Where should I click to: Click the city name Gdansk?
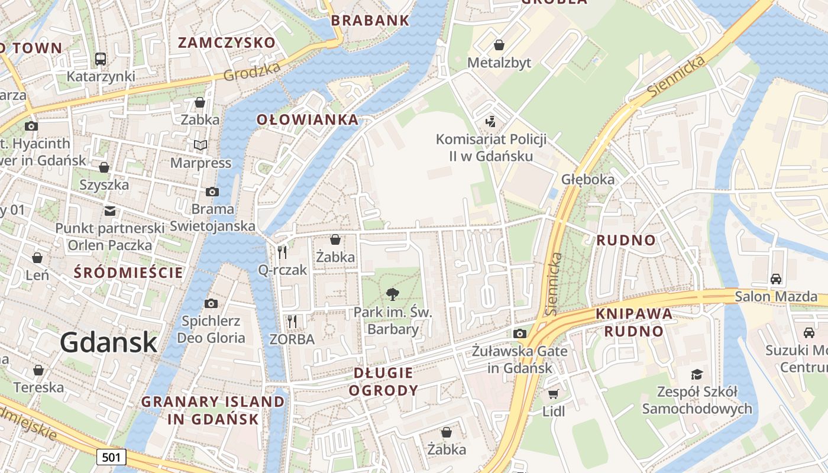tap(108, 342)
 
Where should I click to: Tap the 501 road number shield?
tap(111, 457)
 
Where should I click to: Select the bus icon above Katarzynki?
tap(100, 59)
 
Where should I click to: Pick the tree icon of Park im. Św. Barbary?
tap(392, 294)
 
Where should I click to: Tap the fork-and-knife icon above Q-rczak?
tap(282, 252)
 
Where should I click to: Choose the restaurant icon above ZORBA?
tap(292, 322)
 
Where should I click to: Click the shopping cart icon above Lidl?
tap(553, 394)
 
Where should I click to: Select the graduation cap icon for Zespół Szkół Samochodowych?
tap(697, 374)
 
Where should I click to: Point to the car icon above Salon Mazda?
tap(775, 278)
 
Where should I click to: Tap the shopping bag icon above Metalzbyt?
tap(499, 45)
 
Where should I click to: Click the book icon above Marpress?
tap(200, 145)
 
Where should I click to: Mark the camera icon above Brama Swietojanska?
tap(212, 192)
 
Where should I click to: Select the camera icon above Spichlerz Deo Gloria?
tap(211, 304)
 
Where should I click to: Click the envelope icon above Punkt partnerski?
tap(109, 210)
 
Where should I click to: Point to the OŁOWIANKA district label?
tap(308, 119)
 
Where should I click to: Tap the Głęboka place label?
tap(588, 179)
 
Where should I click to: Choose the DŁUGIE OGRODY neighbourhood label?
tap(383, 381)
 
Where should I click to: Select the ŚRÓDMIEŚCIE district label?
tap(128, 273)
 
